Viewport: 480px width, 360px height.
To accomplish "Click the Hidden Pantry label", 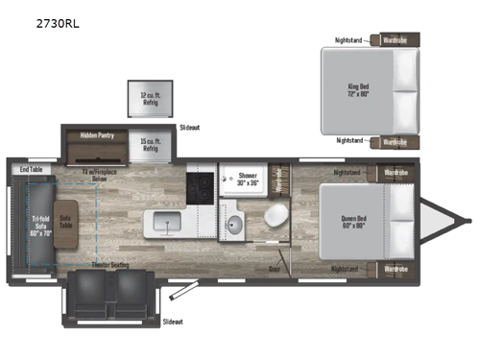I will (98, 135).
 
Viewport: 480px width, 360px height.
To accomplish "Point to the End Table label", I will (31, 170).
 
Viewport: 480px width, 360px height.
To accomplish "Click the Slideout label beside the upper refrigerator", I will (190, 127).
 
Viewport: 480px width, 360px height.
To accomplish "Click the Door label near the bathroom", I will (276, 270).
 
